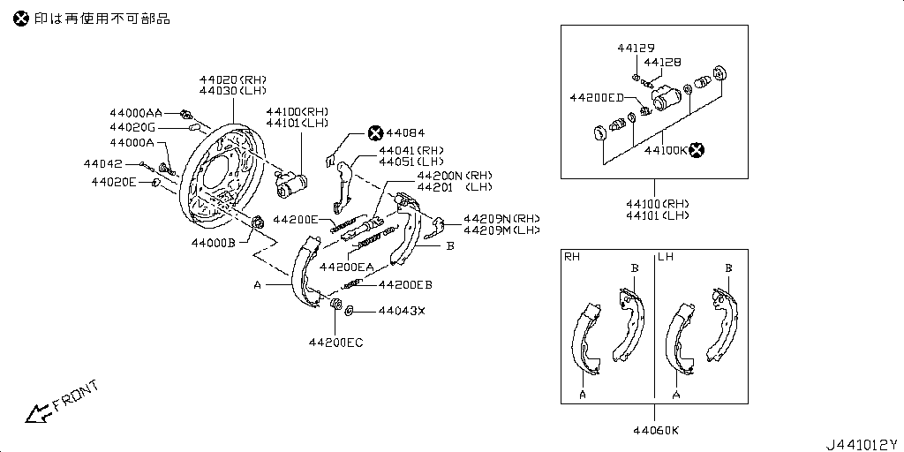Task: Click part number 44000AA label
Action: coord(136,113)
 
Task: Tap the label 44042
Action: coord(103,163)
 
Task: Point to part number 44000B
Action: coord(213,242)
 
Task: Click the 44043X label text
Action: coord(402,311)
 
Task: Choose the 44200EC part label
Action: coord(335,342)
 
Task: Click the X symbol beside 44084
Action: coord(375,132)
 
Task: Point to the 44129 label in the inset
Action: coord(635,48)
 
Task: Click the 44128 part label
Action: coord(662,62)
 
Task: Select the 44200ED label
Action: coord(597,97)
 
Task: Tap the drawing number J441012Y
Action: coord(861,444)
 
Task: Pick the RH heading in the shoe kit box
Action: coord(573,257)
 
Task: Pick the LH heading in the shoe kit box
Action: coord(666,257)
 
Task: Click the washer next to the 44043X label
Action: coord(350,310)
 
